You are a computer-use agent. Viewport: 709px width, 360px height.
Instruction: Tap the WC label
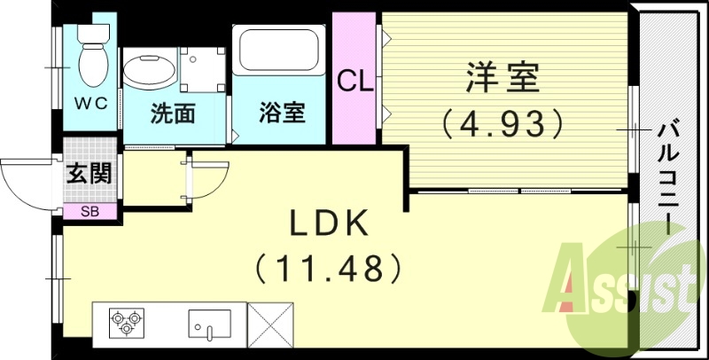point(90,103)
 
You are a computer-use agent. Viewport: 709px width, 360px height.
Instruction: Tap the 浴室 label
point(282,113)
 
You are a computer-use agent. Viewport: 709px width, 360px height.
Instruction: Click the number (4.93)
point(503,121)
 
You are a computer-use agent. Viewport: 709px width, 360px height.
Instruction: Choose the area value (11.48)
point(329,265)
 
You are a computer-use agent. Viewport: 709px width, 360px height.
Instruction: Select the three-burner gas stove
point(126,321)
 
